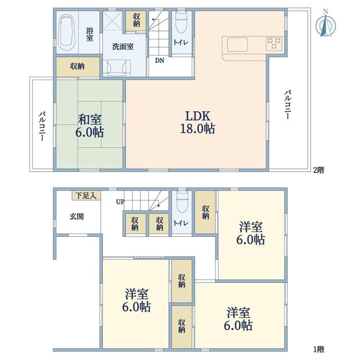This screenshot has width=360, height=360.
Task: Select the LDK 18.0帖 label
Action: pos(197,122)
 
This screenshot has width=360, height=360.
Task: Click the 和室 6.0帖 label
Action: pos(90,126)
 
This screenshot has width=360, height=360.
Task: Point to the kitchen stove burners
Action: pos(274,43)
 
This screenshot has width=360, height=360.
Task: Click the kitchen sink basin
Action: pos(238,45)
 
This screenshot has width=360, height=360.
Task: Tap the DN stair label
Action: pos(160,61)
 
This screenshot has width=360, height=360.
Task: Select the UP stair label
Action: pos(120,202)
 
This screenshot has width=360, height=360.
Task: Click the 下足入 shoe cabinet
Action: pos(86,196)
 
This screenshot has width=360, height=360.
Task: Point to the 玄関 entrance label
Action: pos(77,216)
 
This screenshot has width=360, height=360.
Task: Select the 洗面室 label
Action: pos(123,47)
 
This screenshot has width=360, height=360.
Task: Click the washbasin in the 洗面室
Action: pos(116,68)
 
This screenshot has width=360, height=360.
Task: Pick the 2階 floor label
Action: pos(319,170)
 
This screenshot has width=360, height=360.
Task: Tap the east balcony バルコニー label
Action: pos(288,105)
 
